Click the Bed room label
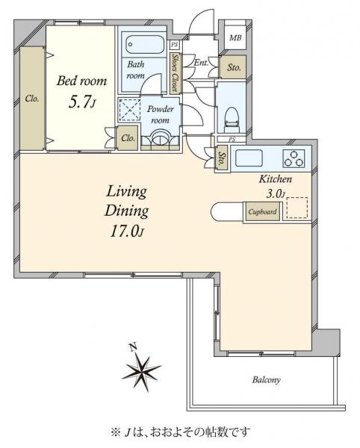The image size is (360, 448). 81,81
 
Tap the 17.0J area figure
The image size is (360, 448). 126,231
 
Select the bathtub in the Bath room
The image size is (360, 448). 145,44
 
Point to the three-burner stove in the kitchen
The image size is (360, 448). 294,158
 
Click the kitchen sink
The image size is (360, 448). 249,158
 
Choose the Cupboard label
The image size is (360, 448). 262,212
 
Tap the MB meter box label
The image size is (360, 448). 235,37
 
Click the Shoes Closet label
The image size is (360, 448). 175,72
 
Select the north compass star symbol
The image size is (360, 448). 141,370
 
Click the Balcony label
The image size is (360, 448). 266,380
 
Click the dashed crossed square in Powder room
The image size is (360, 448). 129,110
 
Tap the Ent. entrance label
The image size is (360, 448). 201,63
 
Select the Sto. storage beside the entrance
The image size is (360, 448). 233,67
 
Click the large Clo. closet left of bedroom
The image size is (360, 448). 32,99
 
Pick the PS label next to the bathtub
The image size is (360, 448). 174,45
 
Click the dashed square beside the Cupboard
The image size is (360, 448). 297,208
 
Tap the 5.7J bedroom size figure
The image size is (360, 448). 81,102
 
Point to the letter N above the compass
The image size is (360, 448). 132,347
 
